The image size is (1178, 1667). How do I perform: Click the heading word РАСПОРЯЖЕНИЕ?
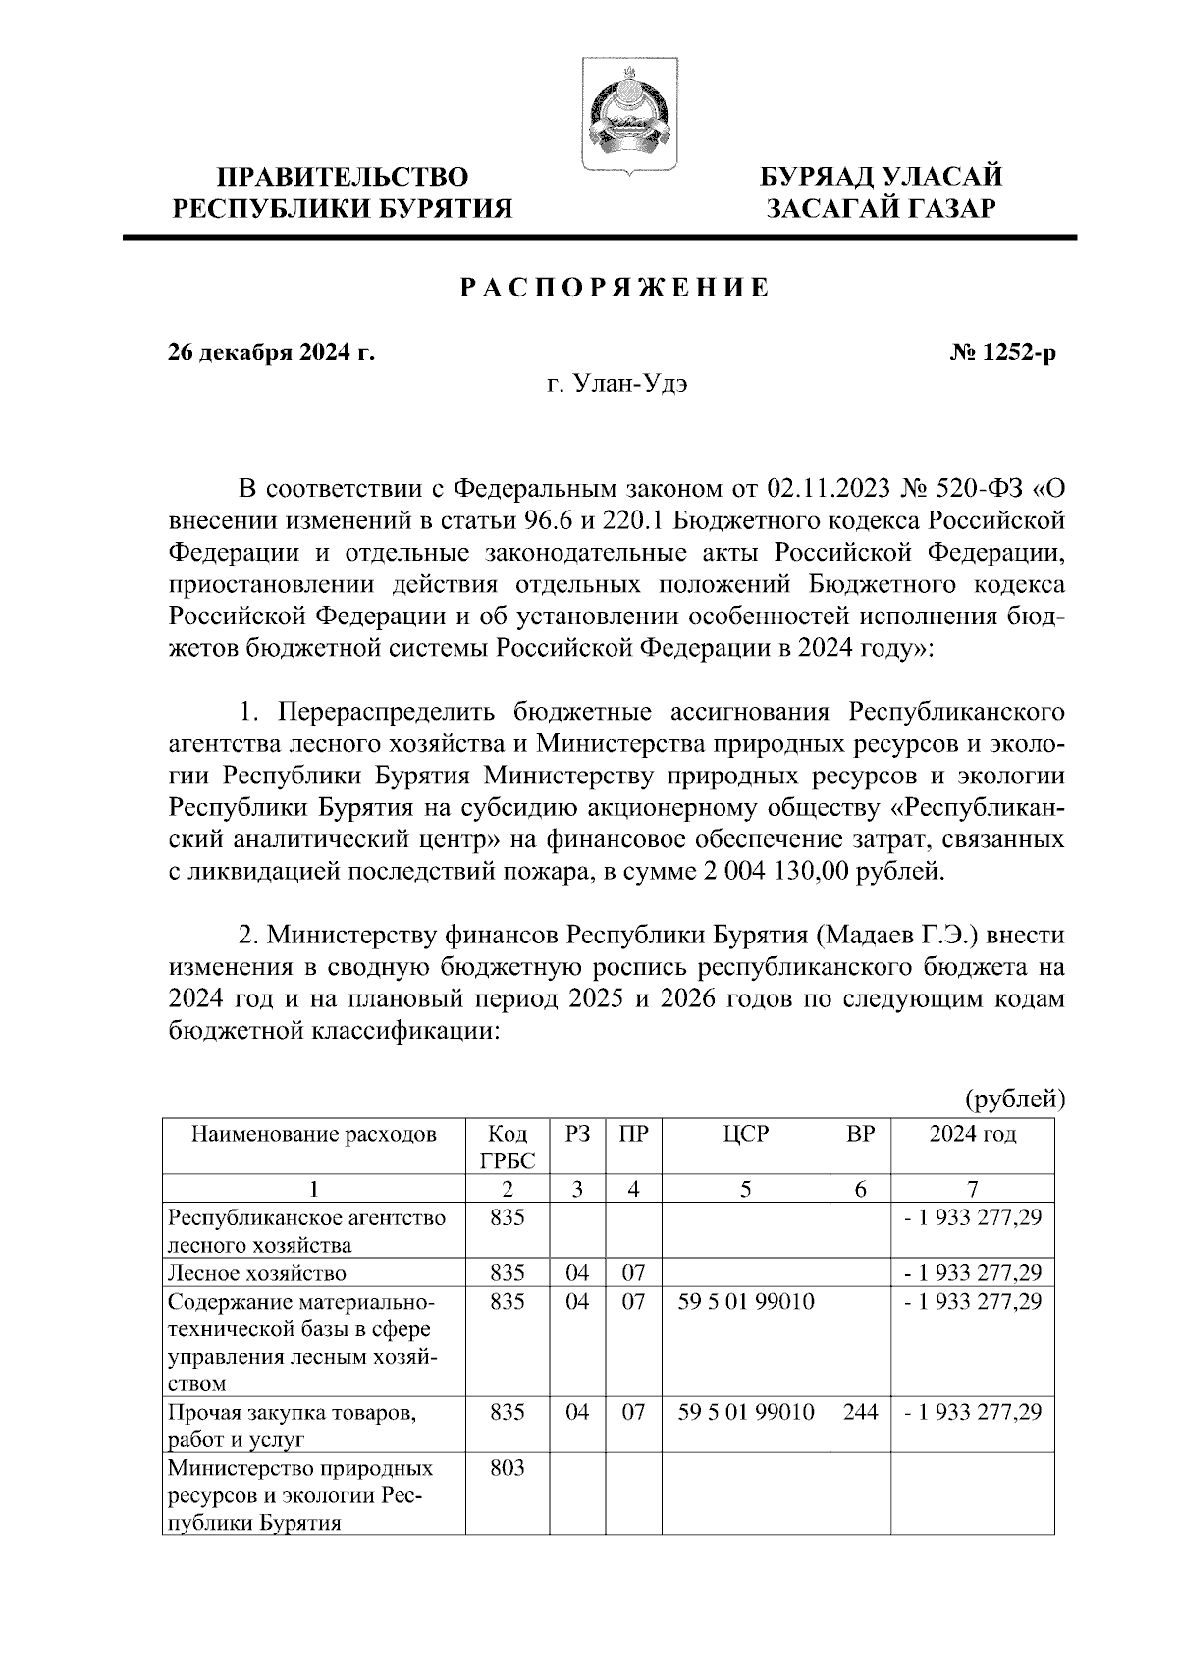coord(616,288)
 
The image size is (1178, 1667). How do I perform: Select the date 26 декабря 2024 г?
coord(271,351)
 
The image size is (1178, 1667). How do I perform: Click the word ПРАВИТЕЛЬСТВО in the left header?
coord(343,178)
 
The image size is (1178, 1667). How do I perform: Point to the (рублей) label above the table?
coord(1013,1099)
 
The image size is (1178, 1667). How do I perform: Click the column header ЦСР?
coord(746,1135)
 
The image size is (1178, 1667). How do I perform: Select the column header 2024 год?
coord(972,1135)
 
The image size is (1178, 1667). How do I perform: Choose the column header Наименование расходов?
coord(313,1135)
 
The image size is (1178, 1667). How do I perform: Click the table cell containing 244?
coord(860,1413)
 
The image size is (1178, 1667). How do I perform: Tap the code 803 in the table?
coord(507,1469)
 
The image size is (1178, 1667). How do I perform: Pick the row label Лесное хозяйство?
coord(257,1274)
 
